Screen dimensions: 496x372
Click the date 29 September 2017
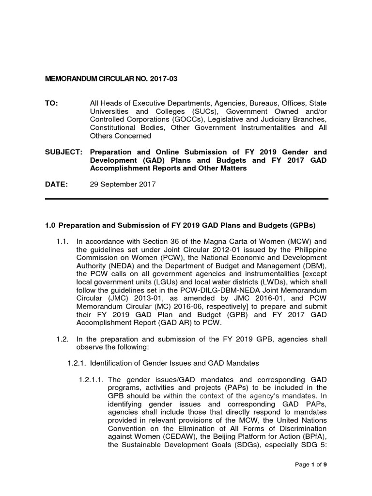[x=123, y=185]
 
